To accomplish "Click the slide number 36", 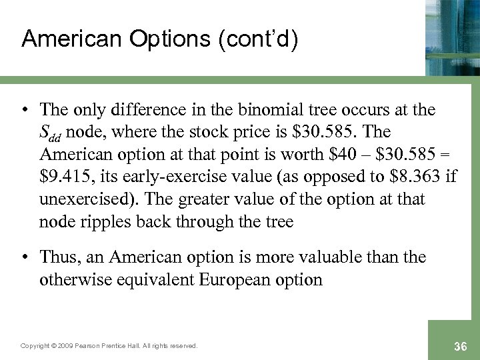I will (x=459, y=345).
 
